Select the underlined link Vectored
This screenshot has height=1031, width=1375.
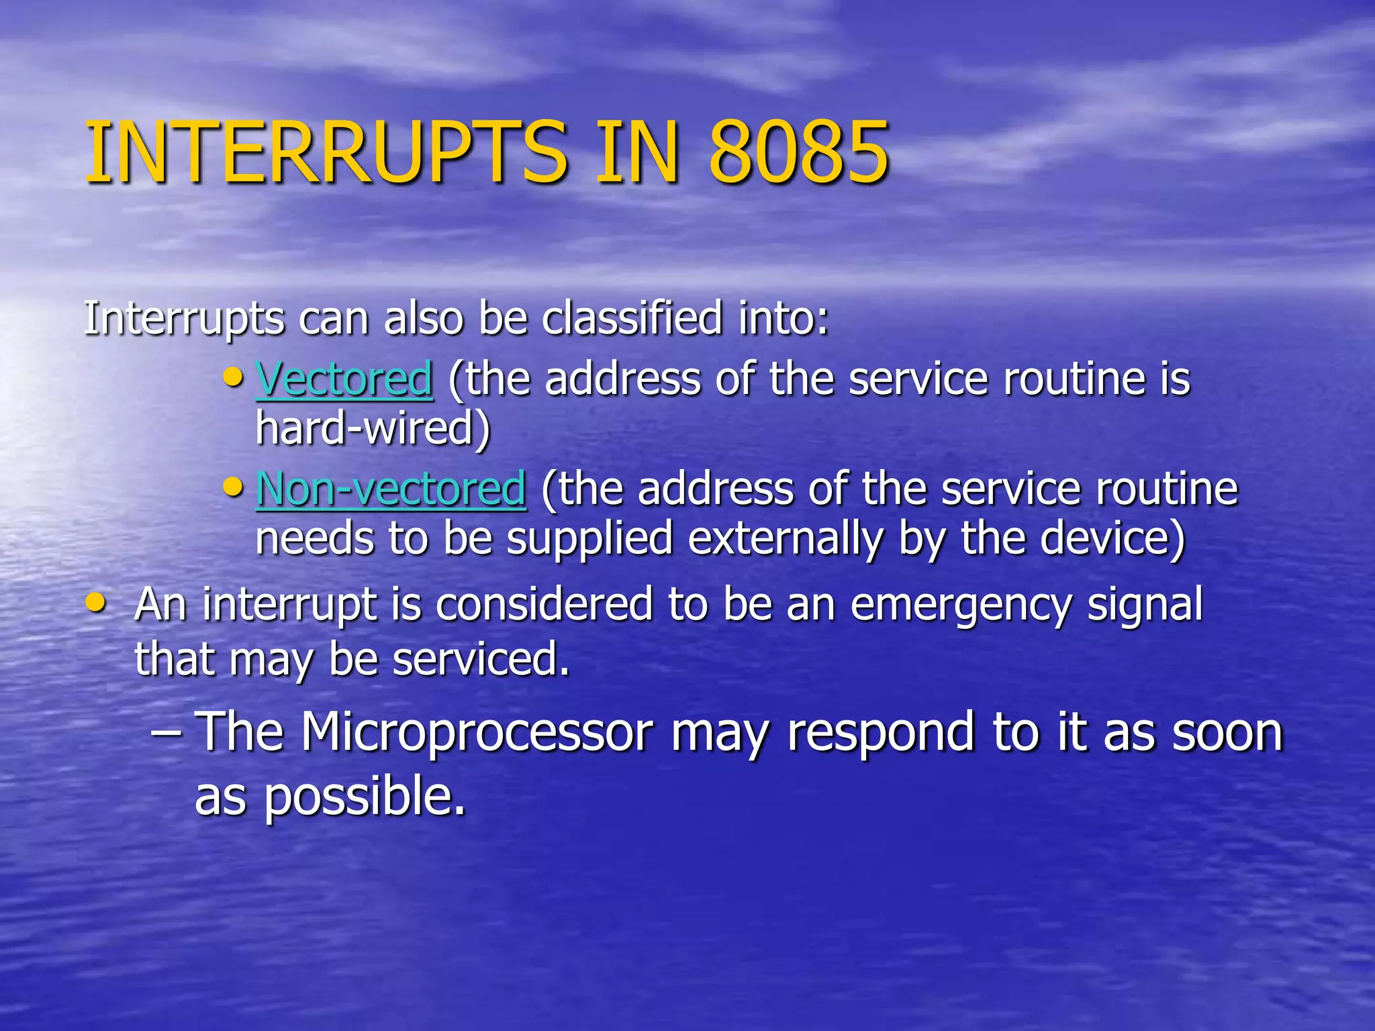coord(344,379)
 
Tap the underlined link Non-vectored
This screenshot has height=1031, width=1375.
coord(391,489)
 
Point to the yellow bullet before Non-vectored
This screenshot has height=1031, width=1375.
coord(233,486)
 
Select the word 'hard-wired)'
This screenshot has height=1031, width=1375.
coord(373,428)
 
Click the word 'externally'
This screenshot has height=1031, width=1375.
coord(785,539)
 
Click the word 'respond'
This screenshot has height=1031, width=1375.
coord(880,733)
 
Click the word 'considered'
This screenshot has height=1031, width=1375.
coord(544,604)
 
